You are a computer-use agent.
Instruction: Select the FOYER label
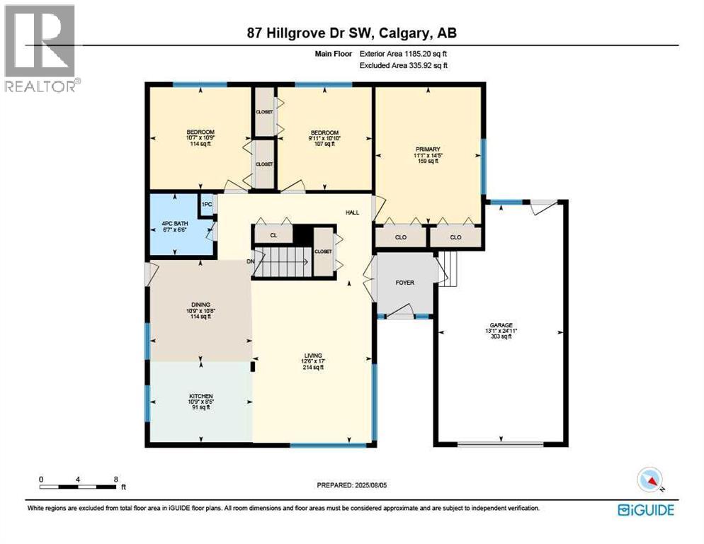click(404, 283)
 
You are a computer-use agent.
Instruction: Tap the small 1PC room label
click(207, 205)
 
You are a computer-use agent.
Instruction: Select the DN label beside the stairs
click(250, 261)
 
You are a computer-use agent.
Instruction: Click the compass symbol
click(649, 480)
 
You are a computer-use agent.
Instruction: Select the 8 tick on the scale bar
click(115, 479)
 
